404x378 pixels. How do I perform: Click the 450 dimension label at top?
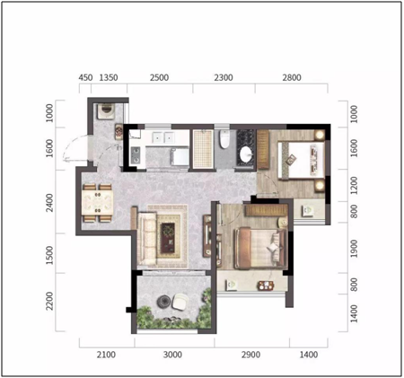point(85,78)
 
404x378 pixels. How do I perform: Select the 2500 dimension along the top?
point(159,78)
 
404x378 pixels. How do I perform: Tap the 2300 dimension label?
point(224,78)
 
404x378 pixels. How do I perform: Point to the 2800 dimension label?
point(292,78)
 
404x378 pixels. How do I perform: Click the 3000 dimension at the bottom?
point(172,355)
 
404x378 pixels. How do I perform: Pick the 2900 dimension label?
point(250,355)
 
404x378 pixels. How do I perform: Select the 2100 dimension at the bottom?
point(106,355)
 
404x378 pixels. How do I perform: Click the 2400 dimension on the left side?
point(49,203)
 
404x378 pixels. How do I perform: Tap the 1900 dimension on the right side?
point(354,249)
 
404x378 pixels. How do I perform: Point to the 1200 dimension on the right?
point(354,186)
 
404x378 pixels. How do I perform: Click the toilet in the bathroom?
point(224,139)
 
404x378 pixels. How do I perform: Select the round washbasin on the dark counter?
point(246,154)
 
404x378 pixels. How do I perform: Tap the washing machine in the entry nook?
point(106,111)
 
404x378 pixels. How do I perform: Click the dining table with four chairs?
point(98,203)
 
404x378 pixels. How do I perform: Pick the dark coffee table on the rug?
point(168,238)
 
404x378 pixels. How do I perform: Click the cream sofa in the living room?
point(147,239)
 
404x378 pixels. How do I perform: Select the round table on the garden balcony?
point(164,302)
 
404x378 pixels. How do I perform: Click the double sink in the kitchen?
point(163,137)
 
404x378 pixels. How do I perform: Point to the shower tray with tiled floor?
point(203,148)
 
